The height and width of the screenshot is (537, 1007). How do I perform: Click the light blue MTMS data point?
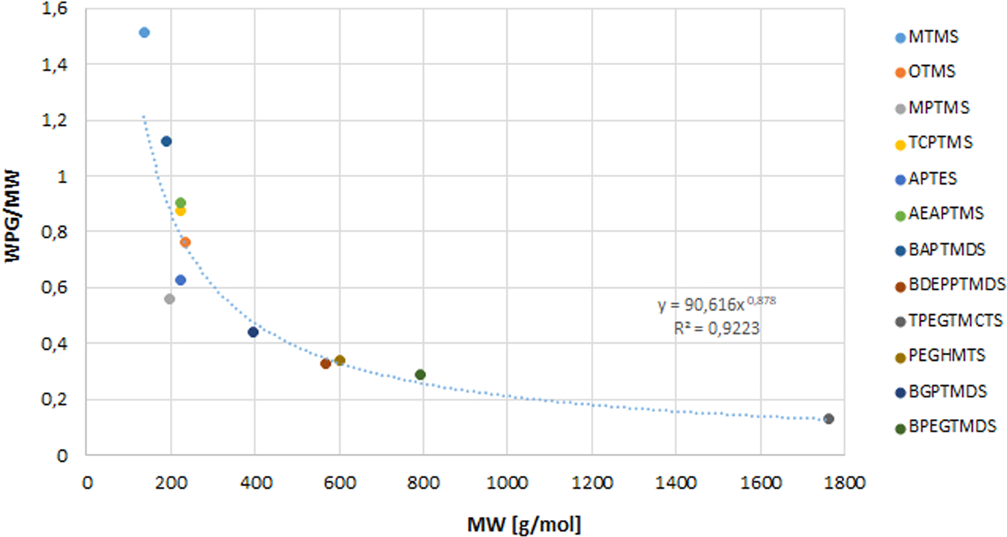click(144, 33)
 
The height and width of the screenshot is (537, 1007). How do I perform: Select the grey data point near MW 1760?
click(828, 419)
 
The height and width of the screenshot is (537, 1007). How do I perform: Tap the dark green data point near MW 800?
click(421, 375)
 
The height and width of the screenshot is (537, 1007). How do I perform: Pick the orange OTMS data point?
click(186, 242)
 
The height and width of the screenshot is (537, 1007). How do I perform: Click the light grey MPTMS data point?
click(169, 299)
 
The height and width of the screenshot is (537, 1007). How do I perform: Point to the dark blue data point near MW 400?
click(253, 332)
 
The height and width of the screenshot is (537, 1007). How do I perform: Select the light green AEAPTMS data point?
click(180, 203)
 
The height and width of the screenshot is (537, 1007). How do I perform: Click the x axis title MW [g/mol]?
click(523, 524)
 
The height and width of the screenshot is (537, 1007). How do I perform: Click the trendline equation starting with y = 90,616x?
click(717, 305)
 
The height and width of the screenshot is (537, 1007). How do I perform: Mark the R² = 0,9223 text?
click(717, 329)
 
